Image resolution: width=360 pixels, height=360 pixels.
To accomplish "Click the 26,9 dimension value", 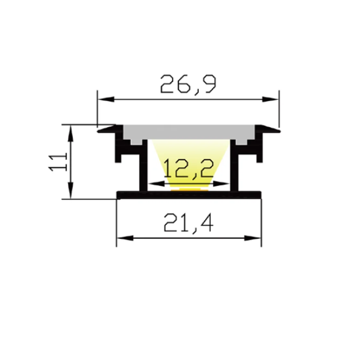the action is click(188, 84).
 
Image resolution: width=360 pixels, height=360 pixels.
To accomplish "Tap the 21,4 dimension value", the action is click(189, 223).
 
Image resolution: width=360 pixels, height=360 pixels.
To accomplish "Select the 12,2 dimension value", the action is click(188, 168).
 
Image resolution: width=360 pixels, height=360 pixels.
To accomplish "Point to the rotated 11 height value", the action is click(58, 162).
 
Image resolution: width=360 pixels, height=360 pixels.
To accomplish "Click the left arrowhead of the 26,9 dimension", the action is click(106, 99).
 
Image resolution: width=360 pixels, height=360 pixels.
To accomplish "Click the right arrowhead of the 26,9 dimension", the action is click(271, 99).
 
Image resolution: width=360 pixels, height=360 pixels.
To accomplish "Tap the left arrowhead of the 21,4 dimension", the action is click(125, 238).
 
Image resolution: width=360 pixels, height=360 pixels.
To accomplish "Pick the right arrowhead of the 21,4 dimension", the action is click(253, 238).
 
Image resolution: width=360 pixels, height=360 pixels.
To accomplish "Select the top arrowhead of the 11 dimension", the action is click(71, 133).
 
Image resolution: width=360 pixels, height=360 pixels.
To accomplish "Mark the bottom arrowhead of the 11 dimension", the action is click(71, 190).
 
